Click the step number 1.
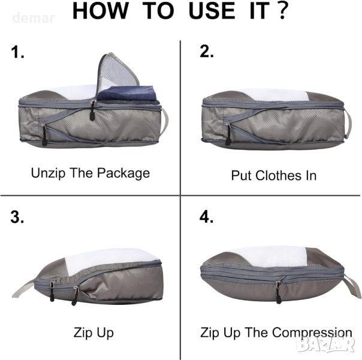(17, 52)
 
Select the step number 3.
(17, 217)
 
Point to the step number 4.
(206, 217)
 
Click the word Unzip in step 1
(49, 173)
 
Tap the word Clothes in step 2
(279, 175)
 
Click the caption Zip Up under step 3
(93, 333)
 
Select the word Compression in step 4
(312, 333)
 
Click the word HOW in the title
(100, 11)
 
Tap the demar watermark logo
(34, 18)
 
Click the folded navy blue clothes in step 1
(128, 95)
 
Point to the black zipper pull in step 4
(278, 293)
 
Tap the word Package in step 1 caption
(123, 173)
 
